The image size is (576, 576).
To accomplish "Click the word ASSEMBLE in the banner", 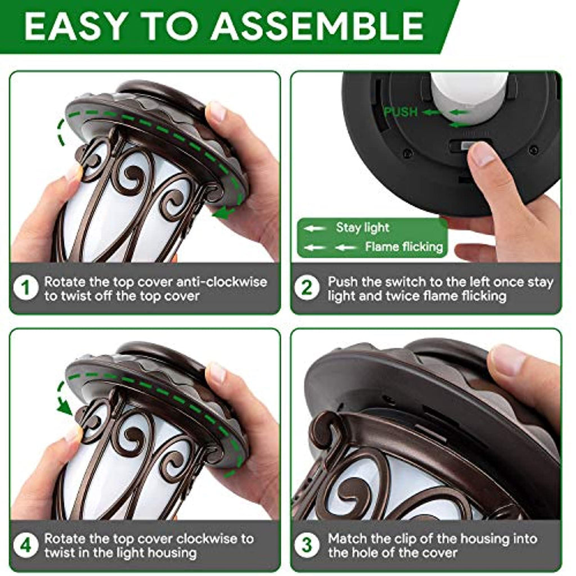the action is pyautogui.click(x=317, y=26).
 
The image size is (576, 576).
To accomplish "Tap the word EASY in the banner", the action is pyautogui.click(x=75, y=26).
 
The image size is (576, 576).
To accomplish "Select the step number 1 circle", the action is pyautogui.click(x=25, y=287).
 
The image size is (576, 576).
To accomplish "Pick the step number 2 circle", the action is pyautogui.click(x=307, y=287).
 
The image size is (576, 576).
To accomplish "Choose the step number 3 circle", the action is pyautogui.click(x=307, y=544).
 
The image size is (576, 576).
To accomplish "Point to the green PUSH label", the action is pyautogui.click(x=400, y=112).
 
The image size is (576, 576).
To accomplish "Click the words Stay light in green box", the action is pyautogui.click(x=363, y=228).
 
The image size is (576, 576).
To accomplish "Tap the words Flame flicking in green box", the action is pyautogui.click(x=404, y=246).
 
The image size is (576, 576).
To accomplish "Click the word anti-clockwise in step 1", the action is pyautogui.click(x=222, y=282).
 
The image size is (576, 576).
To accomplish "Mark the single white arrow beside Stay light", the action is pyautogui.click(x=314, y=228).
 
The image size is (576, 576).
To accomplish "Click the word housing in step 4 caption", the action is pyautogui.click(x=172, y=553).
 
